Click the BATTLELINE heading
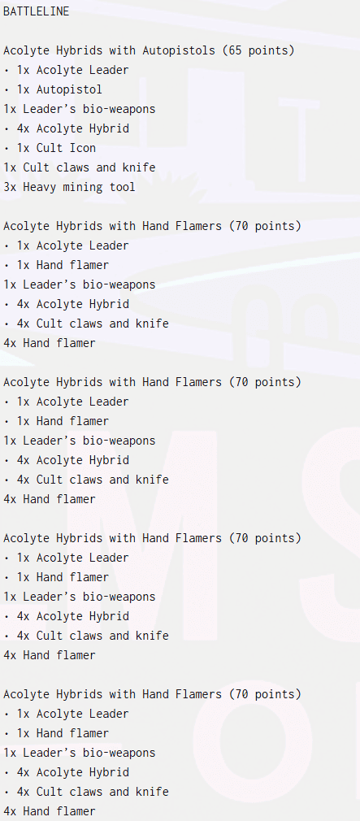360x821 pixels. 36,11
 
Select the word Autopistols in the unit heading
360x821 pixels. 179,50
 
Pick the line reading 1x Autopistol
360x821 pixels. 59,89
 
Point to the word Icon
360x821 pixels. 82,148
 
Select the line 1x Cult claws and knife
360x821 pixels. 79,167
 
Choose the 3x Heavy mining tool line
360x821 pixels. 69,188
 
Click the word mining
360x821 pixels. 82,188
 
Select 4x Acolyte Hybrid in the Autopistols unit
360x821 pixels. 72,128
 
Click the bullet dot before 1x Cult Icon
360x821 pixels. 6,148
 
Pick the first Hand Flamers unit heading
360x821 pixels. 152,226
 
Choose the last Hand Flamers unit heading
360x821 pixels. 152,694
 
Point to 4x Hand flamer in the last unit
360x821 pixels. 50,811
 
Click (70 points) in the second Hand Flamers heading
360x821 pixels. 265,382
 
